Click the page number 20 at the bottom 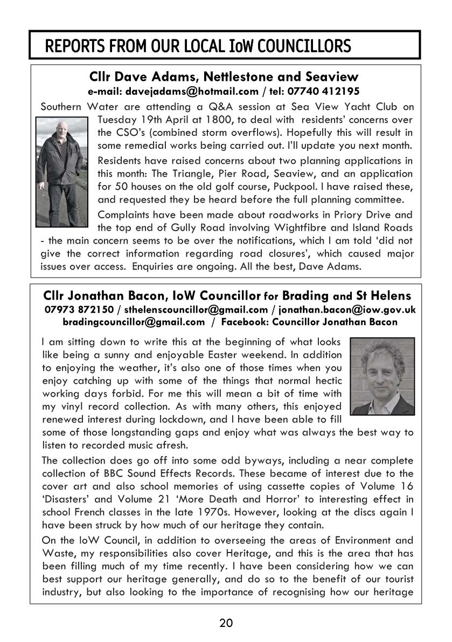226,624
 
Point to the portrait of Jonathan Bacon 382,376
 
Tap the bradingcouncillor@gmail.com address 134,322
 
